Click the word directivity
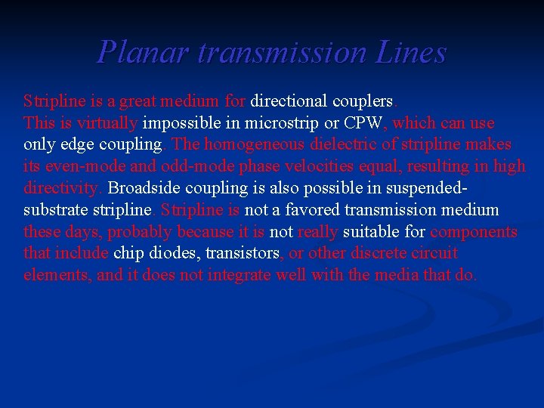(64, 187)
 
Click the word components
(474, 231)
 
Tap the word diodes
(176, 253)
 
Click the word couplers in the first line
(366, 100)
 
